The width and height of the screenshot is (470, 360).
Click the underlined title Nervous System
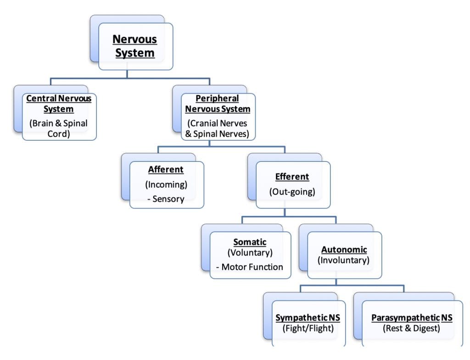tap(135, 46)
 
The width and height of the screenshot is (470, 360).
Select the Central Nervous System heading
tap(59, 104)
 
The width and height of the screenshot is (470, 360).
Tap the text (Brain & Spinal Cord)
tap(59, 128)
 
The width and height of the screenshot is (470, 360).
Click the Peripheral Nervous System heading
tap(218, 104)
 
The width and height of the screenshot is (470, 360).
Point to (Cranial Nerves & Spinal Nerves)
tap(218, 128)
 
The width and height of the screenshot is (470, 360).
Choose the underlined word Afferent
tap(166, 170)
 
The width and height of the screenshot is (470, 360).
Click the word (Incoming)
tap(166, 184)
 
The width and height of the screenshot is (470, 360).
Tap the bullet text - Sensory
tap(166, 199)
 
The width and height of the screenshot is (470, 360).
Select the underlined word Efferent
tap(292, 177)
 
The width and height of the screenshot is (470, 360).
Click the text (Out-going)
tap(292, 192)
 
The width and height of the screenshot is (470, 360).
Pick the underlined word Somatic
tap(250, 242)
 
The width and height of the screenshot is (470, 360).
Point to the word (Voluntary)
tap(250, 252)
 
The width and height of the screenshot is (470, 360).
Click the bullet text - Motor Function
tap(250, 266)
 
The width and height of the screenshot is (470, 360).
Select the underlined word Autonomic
tap(344, 250)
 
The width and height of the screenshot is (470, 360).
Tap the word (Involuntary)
tap(344, 260)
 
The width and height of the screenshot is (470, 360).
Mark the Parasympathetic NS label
tap(412, 318)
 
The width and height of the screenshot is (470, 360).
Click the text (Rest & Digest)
tap(412, 328)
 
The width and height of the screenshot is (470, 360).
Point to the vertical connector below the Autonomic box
tap(336, 282)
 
